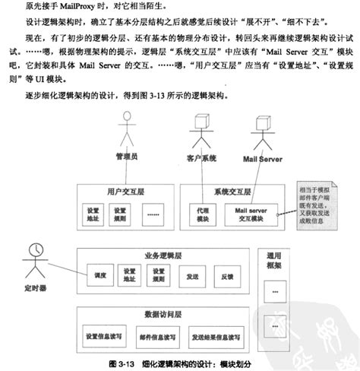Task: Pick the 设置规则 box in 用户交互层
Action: point(121,214)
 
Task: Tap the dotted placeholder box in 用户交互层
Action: point(151,214)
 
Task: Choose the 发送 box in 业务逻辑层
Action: point(193,277)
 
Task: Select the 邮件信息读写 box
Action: point(159,335)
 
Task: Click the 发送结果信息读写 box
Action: point(218,335)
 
